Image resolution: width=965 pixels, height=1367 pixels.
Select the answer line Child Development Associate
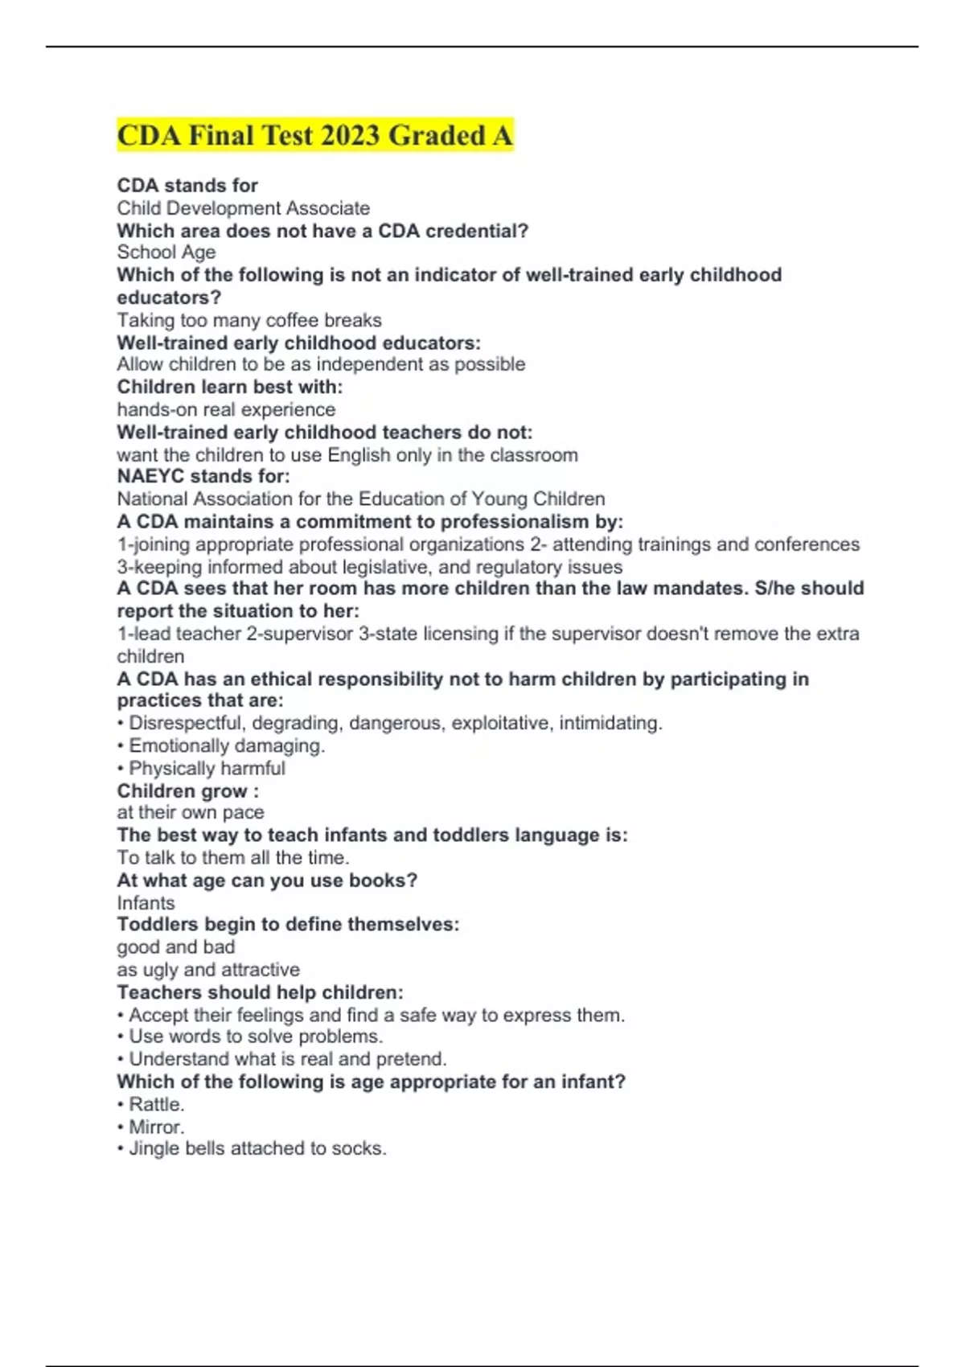tap(243, 208)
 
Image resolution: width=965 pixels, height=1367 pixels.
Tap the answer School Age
tap(166, 252)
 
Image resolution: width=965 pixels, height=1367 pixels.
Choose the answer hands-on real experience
tap(226, 409)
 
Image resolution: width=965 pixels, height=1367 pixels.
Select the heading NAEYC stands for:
tap(203, 476)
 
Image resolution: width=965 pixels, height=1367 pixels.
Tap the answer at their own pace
tap(191, 813)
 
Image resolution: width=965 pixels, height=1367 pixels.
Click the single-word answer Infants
tap(146, 903)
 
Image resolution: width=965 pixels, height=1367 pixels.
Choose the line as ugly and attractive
tap(208, 970)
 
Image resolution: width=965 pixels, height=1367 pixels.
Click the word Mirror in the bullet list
tap(156, 1127)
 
